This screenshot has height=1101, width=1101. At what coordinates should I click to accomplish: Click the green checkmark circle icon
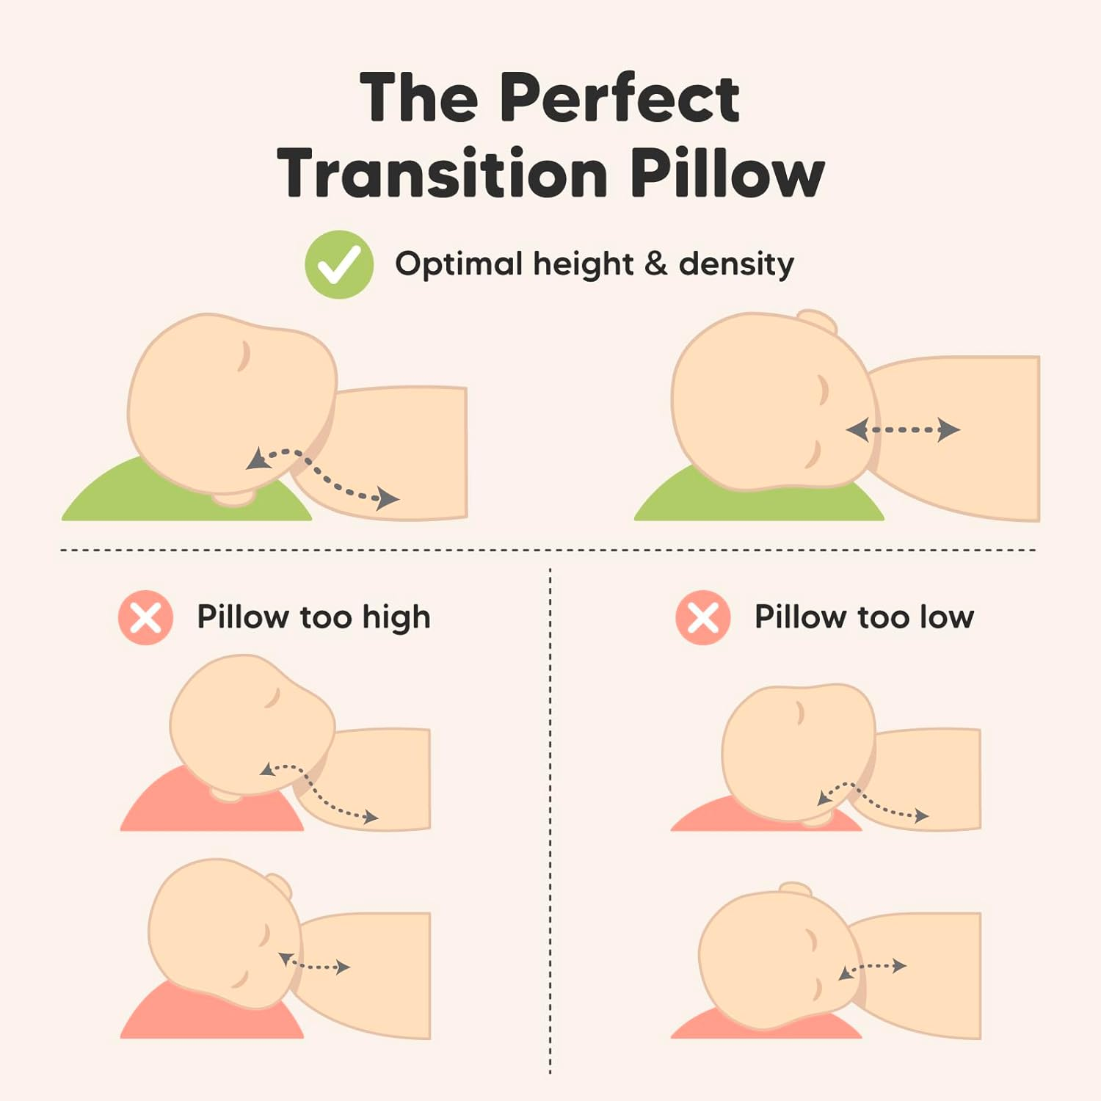coord(339,264)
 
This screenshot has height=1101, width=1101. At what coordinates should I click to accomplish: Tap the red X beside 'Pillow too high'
coord(145,617)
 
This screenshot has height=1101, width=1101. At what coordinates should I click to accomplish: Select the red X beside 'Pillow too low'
coord(703,617)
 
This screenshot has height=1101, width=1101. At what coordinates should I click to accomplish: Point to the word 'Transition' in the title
coord(442,173)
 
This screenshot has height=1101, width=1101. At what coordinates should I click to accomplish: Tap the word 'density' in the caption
coord(736,264)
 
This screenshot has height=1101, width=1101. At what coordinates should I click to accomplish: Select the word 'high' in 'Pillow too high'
coord(396,618)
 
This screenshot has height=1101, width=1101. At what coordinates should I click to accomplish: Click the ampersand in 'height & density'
coord(655,264)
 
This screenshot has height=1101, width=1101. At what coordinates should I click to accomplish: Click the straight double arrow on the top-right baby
coord(904,429)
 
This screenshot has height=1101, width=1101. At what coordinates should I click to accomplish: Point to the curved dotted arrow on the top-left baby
coord(323,476)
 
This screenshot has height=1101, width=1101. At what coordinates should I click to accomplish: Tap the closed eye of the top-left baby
coord(244,356)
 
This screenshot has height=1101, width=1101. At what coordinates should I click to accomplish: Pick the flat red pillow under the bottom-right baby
coord(705,1028)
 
